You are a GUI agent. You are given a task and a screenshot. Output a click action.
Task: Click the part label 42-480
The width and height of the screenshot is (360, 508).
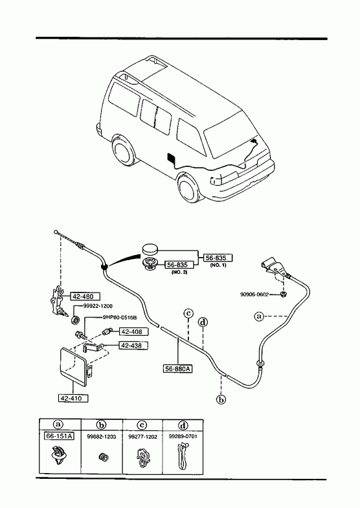[x=85, y=296]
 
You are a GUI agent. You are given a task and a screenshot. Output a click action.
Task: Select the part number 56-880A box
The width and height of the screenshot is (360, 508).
[x=178, y=368]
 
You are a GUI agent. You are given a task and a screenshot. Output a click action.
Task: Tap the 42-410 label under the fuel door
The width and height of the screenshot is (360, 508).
[x=74, y=398]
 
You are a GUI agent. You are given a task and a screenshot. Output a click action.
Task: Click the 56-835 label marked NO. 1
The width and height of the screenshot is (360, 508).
[x=218, y=258]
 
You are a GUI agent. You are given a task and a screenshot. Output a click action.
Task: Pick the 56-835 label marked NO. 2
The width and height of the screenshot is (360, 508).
[x=179, y=265]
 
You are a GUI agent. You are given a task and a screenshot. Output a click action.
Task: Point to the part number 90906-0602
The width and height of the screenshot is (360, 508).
[x=254, y=294]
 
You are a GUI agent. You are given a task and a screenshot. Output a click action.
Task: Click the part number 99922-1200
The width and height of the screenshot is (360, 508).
[x=98, y=306]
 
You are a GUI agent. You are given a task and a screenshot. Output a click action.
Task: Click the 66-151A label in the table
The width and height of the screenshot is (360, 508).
[x=60, y=436]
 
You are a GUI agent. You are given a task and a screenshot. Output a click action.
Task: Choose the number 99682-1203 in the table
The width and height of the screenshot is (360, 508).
[x=102, y=437]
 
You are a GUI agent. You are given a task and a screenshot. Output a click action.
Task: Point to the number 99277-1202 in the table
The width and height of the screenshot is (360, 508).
[x=142, y=437]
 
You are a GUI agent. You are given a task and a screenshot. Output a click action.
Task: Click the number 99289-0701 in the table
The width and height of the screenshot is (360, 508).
[x=183, y=436]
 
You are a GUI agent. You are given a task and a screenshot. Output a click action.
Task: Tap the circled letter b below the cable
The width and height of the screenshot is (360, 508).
[x=221, y=399]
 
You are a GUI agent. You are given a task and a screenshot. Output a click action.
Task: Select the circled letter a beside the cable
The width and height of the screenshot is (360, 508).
[x=259, y=316]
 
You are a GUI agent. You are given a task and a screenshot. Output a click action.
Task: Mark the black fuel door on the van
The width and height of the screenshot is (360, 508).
[x=170, y=159]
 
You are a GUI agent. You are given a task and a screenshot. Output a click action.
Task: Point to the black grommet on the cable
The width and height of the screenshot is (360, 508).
[x=104, y=268]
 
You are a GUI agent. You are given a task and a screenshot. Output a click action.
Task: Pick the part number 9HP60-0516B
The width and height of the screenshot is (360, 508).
[x=120, y=318]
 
